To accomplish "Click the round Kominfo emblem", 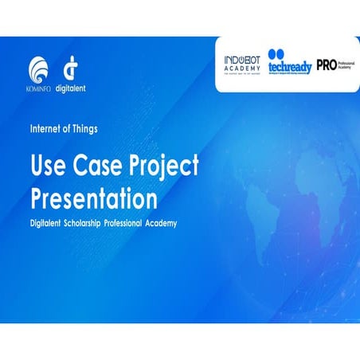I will tap(39, 68).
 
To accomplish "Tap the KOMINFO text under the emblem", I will tap(39, 88).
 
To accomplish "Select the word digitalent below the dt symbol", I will tap(70, 88).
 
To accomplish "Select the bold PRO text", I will tap(327, 64).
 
